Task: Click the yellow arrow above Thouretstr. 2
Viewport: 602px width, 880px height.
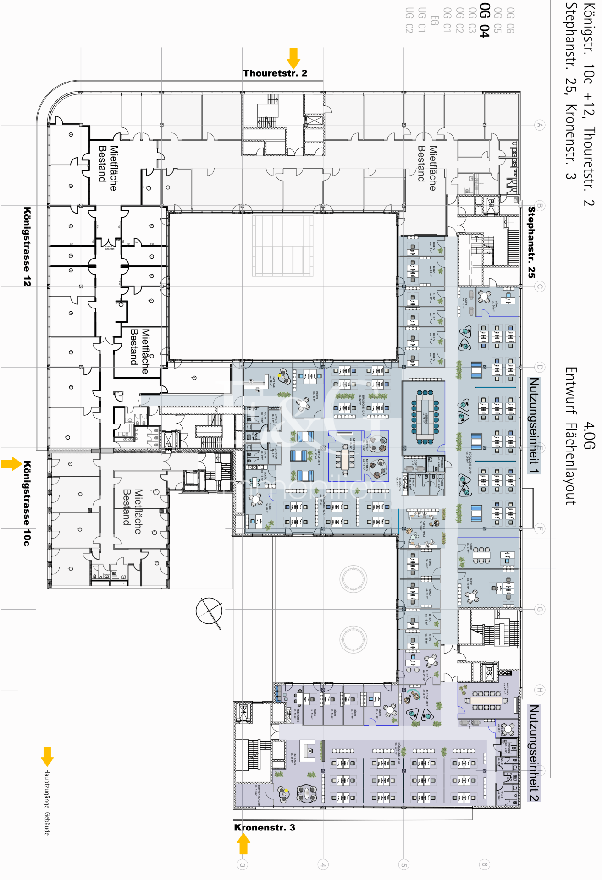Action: (x=293, y=58)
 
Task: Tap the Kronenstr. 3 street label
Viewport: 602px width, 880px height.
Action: (x=265, y=827)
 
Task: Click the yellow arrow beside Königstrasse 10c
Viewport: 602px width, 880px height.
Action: (x=11, y=464)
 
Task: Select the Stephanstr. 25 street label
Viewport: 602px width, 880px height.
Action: (x=531, y=242)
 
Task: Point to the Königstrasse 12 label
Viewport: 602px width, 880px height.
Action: (x=27, y=247)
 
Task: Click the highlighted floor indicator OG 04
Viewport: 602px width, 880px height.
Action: (x=485, y=20)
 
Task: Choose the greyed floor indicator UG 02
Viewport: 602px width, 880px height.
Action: (x=409, y=20)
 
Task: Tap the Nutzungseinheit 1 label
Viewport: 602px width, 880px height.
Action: (x=533, y=425)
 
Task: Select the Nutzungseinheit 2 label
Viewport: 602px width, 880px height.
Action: (x=533, y=753)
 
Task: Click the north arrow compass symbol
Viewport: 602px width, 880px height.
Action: (x=210, y=611)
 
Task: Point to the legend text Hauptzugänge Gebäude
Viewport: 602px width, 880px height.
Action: (x=47, y=802)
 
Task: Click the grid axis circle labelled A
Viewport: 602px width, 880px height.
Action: (x=540, y=125)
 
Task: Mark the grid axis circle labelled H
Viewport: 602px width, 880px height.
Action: (x=540, y=690)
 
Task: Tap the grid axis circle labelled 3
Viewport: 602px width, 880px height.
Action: (x=242, y=865)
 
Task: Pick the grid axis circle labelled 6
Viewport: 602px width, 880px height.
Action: (x=484, y=865)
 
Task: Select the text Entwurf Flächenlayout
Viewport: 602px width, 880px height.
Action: (x=570, y=435)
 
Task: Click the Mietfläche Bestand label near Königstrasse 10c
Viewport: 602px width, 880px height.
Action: (x=133, y=511)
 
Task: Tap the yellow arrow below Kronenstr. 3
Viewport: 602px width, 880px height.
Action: (x=243, y=843)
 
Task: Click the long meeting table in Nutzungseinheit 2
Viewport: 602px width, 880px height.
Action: (x=486, y=700)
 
